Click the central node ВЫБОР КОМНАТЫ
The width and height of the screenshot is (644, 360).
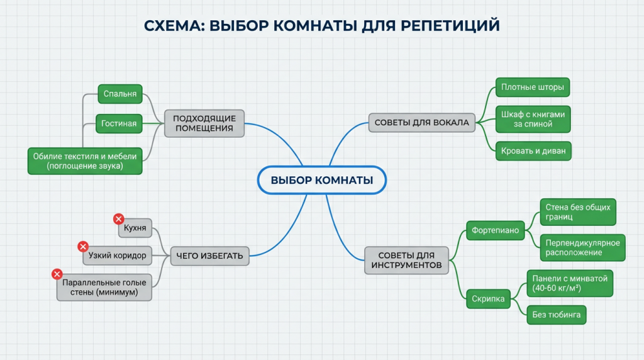[321, 181]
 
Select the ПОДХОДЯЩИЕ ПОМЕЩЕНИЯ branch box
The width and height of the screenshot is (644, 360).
[204, 123]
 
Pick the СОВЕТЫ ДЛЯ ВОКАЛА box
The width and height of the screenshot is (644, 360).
[421, 123]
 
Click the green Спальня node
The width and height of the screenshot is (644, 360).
[120, 94]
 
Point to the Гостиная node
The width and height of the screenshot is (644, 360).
[119, 123]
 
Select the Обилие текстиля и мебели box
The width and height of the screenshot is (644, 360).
[86, 160]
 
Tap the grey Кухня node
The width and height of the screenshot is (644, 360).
[135, 228]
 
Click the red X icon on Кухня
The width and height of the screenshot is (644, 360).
[118, 219]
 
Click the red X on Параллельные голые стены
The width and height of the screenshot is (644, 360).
[57, 274]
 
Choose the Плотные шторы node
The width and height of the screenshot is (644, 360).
[532, 87]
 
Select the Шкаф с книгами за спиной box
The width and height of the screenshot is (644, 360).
[532, 119]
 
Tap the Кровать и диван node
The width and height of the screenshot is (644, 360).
[532, 151]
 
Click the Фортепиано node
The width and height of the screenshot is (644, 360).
[496, 230]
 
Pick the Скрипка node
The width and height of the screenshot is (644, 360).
[488, 300]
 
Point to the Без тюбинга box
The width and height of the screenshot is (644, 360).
[556, 315]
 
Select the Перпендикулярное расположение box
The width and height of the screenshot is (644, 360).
[582, 247]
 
